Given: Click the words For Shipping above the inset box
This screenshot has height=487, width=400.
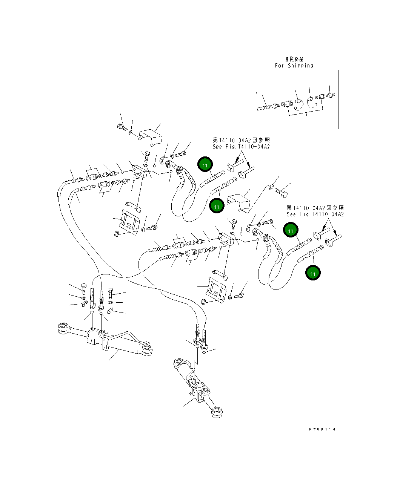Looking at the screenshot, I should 294,66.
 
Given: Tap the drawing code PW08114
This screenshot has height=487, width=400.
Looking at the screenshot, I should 322,429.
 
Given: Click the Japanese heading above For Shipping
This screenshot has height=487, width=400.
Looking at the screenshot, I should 294,59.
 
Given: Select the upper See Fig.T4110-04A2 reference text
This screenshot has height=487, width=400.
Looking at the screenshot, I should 241,147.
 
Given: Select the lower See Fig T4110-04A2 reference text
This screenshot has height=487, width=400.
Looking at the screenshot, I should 315,214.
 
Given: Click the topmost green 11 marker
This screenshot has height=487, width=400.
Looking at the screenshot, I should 205,165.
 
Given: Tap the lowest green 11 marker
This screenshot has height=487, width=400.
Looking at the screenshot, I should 313,273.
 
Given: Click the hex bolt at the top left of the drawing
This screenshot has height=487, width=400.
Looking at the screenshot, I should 122,127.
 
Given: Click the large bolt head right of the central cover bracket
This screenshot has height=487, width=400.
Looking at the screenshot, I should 282,193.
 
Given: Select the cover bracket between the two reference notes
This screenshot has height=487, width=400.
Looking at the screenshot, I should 238,202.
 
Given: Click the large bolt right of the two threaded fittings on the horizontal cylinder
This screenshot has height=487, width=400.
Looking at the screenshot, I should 111,292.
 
